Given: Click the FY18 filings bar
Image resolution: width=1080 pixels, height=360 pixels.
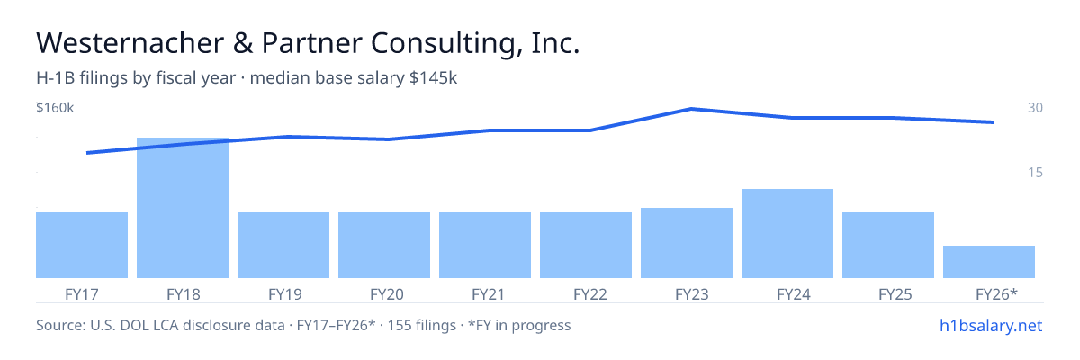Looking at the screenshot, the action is (183, 208).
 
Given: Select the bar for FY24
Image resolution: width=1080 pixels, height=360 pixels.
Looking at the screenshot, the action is (787, 233).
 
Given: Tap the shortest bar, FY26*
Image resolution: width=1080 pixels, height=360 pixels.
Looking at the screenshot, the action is (989, 262).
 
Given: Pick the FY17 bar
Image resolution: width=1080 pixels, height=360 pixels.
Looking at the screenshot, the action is (82, 246).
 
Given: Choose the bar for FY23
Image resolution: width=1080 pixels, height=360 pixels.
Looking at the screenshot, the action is (687, 243).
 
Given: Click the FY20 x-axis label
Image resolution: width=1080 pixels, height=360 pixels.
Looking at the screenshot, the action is (387, 294).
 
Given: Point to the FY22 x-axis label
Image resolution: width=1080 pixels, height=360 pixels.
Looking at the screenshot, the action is (590, 294).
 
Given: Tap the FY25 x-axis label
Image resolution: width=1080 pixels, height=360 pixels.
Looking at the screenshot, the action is (895, 294).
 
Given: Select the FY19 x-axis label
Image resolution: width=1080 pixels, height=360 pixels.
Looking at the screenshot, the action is (285, 294).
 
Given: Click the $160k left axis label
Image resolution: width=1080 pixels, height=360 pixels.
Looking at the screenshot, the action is (55, 107).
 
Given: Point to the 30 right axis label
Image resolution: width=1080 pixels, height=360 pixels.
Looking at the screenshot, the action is (1035, 107).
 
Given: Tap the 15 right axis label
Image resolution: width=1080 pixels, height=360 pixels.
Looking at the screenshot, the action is (1035, 172).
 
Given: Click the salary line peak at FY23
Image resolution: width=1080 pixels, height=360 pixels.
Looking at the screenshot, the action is (691, 109).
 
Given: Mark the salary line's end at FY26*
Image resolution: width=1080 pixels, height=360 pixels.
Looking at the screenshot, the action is (993, 122).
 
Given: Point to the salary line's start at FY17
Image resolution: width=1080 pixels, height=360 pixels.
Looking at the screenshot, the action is (87, 153).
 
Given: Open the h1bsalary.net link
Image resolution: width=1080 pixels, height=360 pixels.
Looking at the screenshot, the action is (991, 325).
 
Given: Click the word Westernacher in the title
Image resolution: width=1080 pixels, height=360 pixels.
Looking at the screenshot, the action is (130, 43).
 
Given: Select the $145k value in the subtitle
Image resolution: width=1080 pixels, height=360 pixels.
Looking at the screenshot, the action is (433, 77).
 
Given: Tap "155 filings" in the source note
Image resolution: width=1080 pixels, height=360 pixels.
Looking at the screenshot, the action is (422, 325).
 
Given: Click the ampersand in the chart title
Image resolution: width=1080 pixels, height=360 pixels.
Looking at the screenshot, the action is (243, 43).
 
